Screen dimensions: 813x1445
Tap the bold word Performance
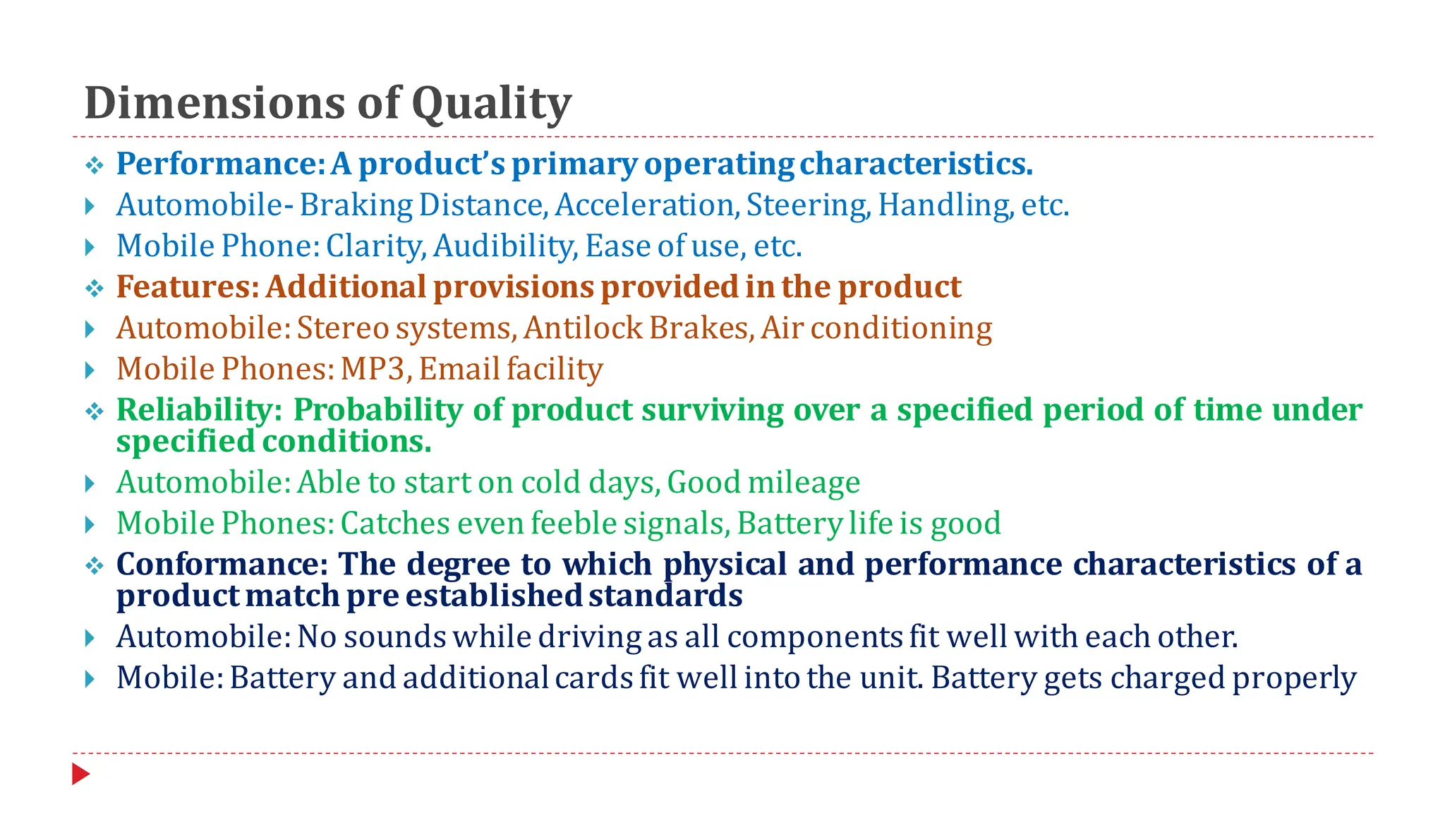click(x=219, y=164)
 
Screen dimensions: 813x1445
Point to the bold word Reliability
click(x=199, y=410)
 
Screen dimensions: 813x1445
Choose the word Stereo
click(x=343, y=328)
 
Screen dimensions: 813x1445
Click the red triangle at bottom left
click(x=80, y=774)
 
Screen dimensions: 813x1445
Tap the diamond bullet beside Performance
click(x=94, y=166)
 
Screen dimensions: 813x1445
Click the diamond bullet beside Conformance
click(x=94, y=566)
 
